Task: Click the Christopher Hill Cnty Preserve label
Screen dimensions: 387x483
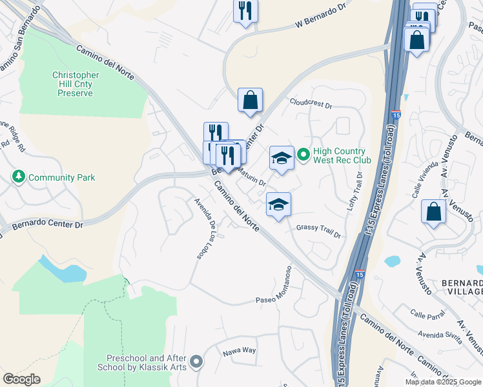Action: [76, 84]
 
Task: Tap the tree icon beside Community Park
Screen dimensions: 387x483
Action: [19, 177]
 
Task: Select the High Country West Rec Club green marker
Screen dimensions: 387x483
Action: [306, 155]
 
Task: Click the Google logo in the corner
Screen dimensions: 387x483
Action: [21, 379]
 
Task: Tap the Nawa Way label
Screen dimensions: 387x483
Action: [240, 351]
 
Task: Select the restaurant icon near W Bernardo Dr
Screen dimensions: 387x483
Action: [245, 11]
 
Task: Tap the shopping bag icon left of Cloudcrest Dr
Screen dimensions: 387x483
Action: [250, 100]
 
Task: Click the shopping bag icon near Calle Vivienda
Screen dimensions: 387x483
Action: [433, 212]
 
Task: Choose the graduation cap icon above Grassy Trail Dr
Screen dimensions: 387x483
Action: [278, 204]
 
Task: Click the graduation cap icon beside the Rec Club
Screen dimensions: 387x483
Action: [282, 158]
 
